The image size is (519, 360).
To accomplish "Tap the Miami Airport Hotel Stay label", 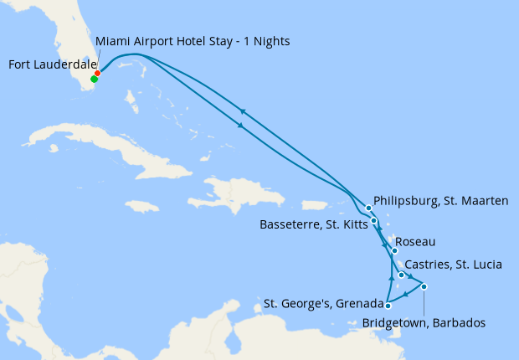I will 193,41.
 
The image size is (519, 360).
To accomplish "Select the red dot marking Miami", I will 98,74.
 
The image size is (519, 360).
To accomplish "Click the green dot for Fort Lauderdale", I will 94,80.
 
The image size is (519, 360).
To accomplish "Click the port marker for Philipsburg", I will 369,208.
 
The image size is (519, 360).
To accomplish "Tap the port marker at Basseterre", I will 374,221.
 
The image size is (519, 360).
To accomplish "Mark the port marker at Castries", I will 402,275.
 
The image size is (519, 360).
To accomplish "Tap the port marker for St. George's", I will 388,306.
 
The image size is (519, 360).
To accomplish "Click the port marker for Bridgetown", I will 424,287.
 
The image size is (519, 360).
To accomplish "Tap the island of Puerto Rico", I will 313,204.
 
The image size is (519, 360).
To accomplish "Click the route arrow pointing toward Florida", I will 243,111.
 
